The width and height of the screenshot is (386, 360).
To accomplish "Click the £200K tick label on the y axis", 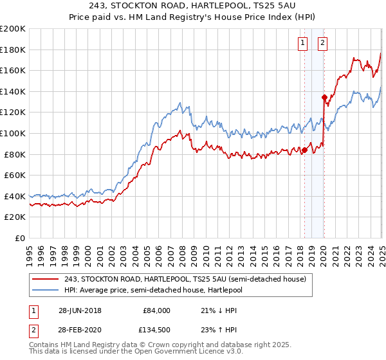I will click(13, 28).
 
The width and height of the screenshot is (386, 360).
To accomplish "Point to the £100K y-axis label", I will click(13, 133).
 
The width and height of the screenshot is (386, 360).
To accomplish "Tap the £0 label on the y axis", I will click(21, 238).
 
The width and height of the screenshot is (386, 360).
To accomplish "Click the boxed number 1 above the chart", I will click(302, 44).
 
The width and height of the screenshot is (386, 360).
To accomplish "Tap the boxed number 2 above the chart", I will click(322, 44).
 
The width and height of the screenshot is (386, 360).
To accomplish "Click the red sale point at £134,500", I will click(324, 97).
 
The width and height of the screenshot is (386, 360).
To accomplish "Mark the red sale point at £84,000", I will click(304, 150).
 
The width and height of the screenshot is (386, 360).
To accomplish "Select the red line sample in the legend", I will click(45, 278).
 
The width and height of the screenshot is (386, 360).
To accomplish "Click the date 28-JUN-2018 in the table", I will click(79, 310).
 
